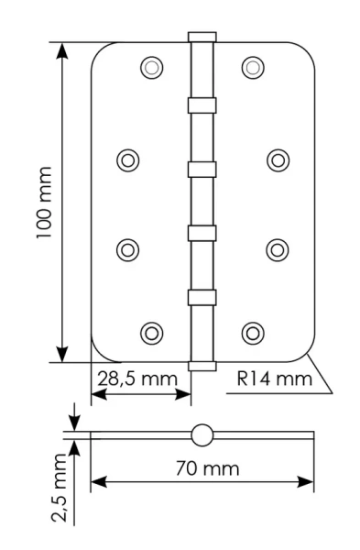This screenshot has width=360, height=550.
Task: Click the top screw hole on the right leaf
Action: click(x=252, y=67)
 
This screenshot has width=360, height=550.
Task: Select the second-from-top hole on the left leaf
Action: click(x=129, y=159)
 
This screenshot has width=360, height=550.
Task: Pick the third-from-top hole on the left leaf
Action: click(x=129, y=248)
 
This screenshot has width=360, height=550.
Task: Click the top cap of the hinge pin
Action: click(x=202, y=38)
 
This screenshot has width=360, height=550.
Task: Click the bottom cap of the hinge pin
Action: click(x=202, y=365)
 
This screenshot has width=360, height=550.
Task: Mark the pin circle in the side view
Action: click(x=202, y=434)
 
